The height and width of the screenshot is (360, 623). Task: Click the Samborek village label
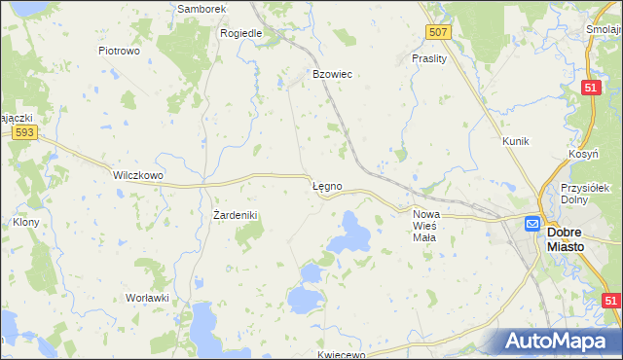[202, 9]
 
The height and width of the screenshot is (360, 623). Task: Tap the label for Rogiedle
[241, 33]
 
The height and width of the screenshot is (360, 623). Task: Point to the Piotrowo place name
[121, 50]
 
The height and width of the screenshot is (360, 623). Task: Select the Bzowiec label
[331, 74]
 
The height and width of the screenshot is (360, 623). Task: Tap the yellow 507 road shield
[439, 33]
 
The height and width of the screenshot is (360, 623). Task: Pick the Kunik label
[515, 141]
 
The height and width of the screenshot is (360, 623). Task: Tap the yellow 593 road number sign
[26, 132]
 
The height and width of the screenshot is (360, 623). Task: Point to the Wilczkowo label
[137, 175]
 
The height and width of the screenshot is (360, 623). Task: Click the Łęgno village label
[326, 185]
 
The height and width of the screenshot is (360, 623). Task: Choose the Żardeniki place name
[235, 214]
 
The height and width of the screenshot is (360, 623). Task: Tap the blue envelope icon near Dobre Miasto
[532, 224]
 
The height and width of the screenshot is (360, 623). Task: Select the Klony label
[25, 222]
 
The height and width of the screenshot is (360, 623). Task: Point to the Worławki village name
[148, 298]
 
